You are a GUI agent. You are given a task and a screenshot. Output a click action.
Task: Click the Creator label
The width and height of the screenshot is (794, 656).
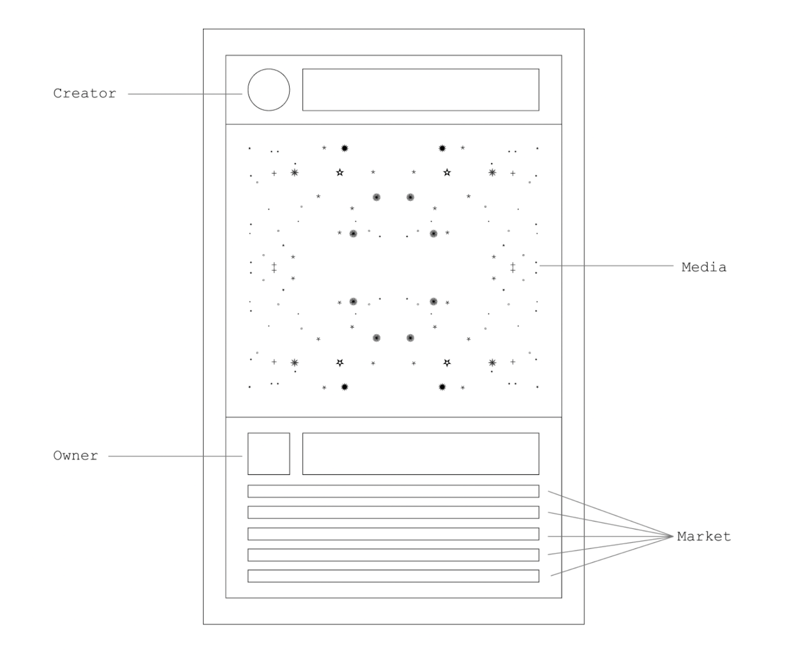tap(84, 93)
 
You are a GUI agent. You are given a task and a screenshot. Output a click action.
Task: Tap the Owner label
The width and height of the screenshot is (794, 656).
tap(75, 456)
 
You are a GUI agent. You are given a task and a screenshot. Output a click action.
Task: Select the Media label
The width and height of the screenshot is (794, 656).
tap(704, 267)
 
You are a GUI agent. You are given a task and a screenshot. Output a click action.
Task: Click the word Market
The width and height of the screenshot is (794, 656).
tap(704, 536)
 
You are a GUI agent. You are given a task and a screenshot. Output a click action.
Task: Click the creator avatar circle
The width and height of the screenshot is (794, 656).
tap(268, 90)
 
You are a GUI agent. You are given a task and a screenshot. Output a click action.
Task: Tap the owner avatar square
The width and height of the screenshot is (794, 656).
tap(268, 454)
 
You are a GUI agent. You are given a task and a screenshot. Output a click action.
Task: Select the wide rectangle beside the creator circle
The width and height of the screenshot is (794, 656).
tap(420, 90)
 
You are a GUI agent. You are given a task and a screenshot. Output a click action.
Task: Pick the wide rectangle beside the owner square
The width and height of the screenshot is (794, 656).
tap(420, 454)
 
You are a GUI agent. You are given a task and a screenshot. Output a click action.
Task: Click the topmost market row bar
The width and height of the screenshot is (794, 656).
tap(393, 491)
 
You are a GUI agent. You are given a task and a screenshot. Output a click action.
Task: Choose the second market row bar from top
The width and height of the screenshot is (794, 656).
tap(393, 512)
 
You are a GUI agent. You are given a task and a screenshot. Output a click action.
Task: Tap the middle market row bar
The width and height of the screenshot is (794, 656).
tap(393, 534)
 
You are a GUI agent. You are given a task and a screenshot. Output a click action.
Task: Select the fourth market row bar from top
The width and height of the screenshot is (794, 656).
tap(393, 555)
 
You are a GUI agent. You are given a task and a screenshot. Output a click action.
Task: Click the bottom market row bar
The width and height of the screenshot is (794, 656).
tap(393, 576)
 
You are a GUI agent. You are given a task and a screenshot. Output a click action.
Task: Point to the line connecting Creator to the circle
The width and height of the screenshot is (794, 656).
tap(185, 94)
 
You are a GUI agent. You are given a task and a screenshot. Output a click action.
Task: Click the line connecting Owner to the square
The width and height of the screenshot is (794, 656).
tap(175, 456)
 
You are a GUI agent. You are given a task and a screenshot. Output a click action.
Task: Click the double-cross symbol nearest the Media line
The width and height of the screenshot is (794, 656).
tap(513, 267)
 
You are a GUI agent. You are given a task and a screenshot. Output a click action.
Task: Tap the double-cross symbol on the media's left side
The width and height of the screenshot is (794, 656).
tap(274, 267)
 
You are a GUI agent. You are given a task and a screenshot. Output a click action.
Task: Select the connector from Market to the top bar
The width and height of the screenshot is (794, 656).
tap(610, 514)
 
